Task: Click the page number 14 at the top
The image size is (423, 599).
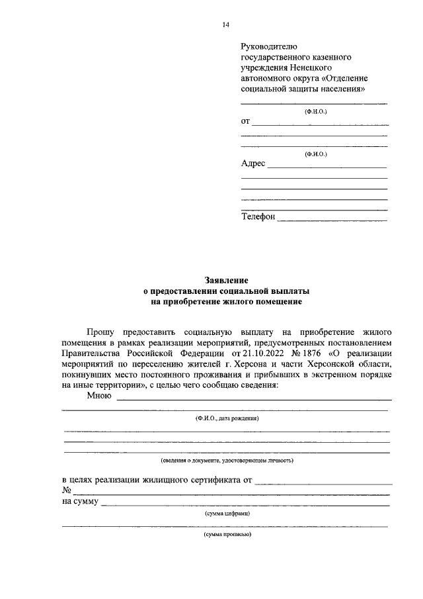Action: [x=226, y=25]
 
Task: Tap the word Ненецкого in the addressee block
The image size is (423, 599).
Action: [x=309, y=68]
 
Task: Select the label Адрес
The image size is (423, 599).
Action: [x=253, y=163]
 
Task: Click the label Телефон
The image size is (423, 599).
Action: [x=258, y=216]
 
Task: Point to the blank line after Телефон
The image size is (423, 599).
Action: [x=332, y=218]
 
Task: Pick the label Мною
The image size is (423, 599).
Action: [x=100, y=396]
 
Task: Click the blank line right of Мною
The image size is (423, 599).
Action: [x=253, y=399]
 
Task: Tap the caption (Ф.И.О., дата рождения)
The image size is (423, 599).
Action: [x=226, y=419]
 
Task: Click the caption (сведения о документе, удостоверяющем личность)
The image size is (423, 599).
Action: [x=226, y=459]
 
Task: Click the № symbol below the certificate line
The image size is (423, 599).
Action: [x=67, y=490]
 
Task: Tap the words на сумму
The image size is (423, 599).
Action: [x=81, y=502]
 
